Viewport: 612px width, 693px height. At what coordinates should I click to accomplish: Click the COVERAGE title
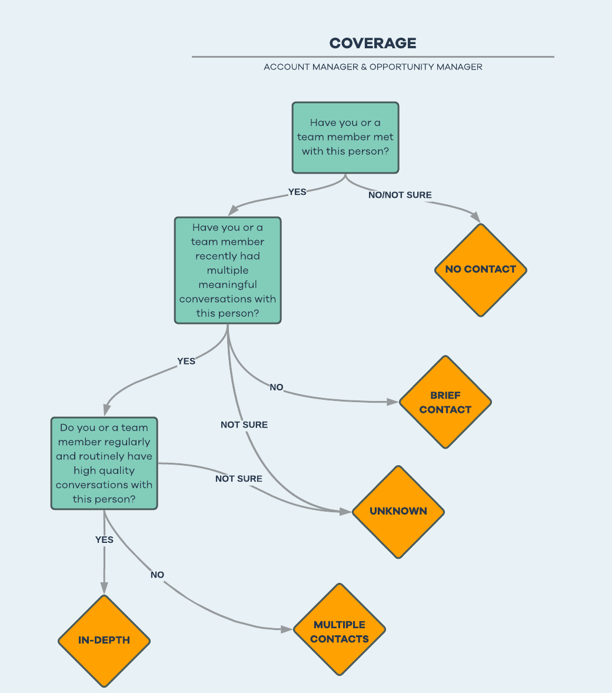point(372,43)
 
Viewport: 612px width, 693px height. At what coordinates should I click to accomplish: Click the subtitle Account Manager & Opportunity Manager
point(372,67)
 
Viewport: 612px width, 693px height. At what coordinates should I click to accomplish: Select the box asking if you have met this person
point(345,138)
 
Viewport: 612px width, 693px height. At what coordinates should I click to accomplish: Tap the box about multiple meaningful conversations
point(228,270)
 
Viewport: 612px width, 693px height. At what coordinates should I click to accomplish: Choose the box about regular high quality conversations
point(104,463)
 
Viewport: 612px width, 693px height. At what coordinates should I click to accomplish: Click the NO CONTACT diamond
point(480,270)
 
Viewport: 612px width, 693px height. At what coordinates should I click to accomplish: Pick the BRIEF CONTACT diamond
point(445,402)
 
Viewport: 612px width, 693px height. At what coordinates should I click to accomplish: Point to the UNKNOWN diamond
point(398,511)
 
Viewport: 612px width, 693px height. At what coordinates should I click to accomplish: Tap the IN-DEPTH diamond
point(104,641)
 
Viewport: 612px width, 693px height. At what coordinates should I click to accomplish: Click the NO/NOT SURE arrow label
point(400,195)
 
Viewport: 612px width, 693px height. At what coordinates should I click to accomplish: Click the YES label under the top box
point(297,192)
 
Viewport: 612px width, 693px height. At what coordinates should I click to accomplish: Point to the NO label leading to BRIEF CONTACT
point(277,387)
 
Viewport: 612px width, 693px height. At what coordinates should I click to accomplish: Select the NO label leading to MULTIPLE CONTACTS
point(157,575)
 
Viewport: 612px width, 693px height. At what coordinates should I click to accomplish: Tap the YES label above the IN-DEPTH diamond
point(104,539)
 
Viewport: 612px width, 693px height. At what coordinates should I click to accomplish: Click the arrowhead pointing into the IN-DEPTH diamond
point(104,588)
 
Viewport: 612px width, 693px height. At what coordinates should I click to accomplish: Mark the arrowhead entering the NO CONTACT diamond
point(475,217)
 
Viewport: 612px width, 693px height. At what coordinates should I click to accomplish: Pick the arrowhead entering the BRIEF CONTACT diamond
point(393,402)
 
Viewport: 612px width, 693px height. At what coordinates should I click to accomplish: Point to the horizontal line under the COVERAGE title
point(372,57)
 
